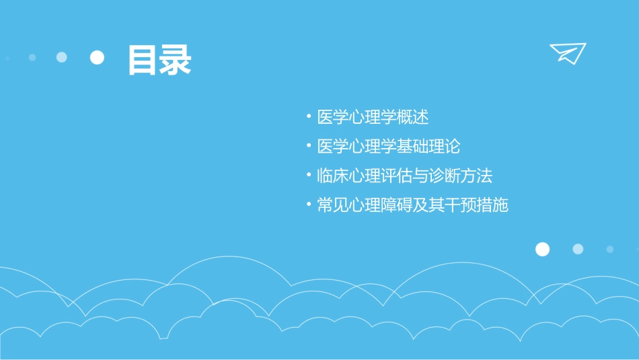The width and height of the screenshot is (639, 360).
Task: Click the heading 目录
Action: pyautogui.click(x=159, y=60)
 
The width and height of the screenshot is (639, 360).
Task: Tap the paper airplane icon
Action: pyautogui.click(x=568, y=53)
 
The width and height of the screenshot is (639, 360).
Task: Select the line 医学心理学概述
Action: pyautogui.click(x=373, y=117)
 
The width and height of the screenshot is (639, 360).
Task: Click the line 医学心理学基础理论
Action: pyautogui.click(x=388, y=147)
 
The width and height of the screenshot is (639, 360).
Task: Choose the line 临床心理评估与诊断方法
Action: pyautogui.click(x=404, y=176)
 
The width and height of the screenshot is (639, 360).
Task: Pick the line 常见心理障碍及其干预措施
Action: pyautogui.click(x=412, y=205)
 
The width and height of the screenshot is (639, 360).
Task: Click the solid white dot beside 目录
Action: pyautogui.click(x=98, y=57)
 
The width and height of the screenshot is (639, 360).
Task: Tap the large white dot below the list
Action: pyautogui.click(x=542, y=249)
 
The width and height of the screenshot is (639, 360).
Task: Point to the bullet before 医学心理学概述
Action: pyautogui.click(x=308, y=116)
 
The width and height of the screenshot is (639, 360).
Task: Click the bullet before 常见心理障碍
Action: pyautogui.click(x=308, y=205)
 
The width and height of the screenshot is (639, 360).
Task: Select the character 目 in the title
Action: pyautogui.click(x=143, y=60)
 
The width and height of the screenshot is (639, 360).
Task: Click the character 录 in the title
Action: pyautogui.click(x=176, y=60)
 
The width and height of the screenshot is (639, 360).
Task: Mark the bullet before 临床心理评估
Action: pyautogui.click(x=308, y=176)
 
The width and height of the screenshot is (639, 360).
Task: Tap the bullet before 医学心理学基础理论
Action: pyautogui.click(x=308, y=146)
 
